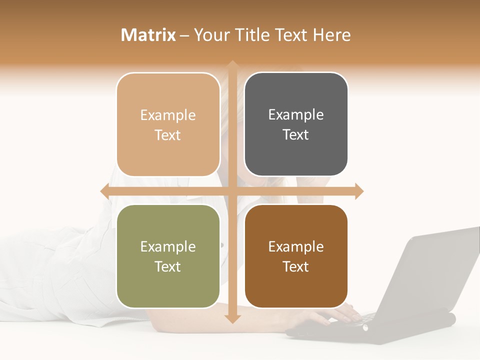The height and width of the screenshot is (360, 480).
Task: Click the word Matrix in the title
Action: (148, 35)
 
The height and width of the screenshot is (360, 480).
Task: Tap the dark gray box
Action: (296, 124)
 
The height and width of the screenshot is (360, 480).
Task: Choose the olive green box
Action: (168, 256)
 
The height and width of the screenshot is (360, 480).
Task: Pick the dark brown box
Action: (296, 256)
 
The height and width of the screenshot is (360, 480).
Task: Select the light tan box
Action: (168, 124)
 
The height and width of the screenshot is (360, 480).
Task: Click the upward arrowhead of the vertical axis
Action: (232, 65)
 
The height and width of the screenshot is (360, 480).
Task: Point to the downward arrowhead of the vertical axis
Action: (232, 319)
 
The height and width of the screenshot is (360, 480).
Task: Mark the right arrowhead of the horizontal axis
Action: (359, 191)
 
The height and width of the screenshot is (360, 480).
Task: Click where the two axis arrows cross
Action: (232, 191)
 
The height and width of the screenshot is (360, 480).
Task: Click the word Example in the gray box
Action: (296, 115)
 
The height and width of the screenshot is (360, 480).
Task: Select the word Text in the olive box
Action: (168, 266)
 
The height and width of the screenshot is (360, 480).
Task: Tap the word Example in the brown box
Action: (296, 246)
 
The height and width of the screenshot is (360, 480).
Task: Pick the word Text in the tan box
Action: (168, 135)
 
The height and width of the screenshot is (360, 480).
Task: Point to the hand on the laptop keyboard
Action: (345, 313)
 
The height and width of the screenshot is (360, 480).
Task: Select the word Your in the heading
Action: (211, 35)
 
